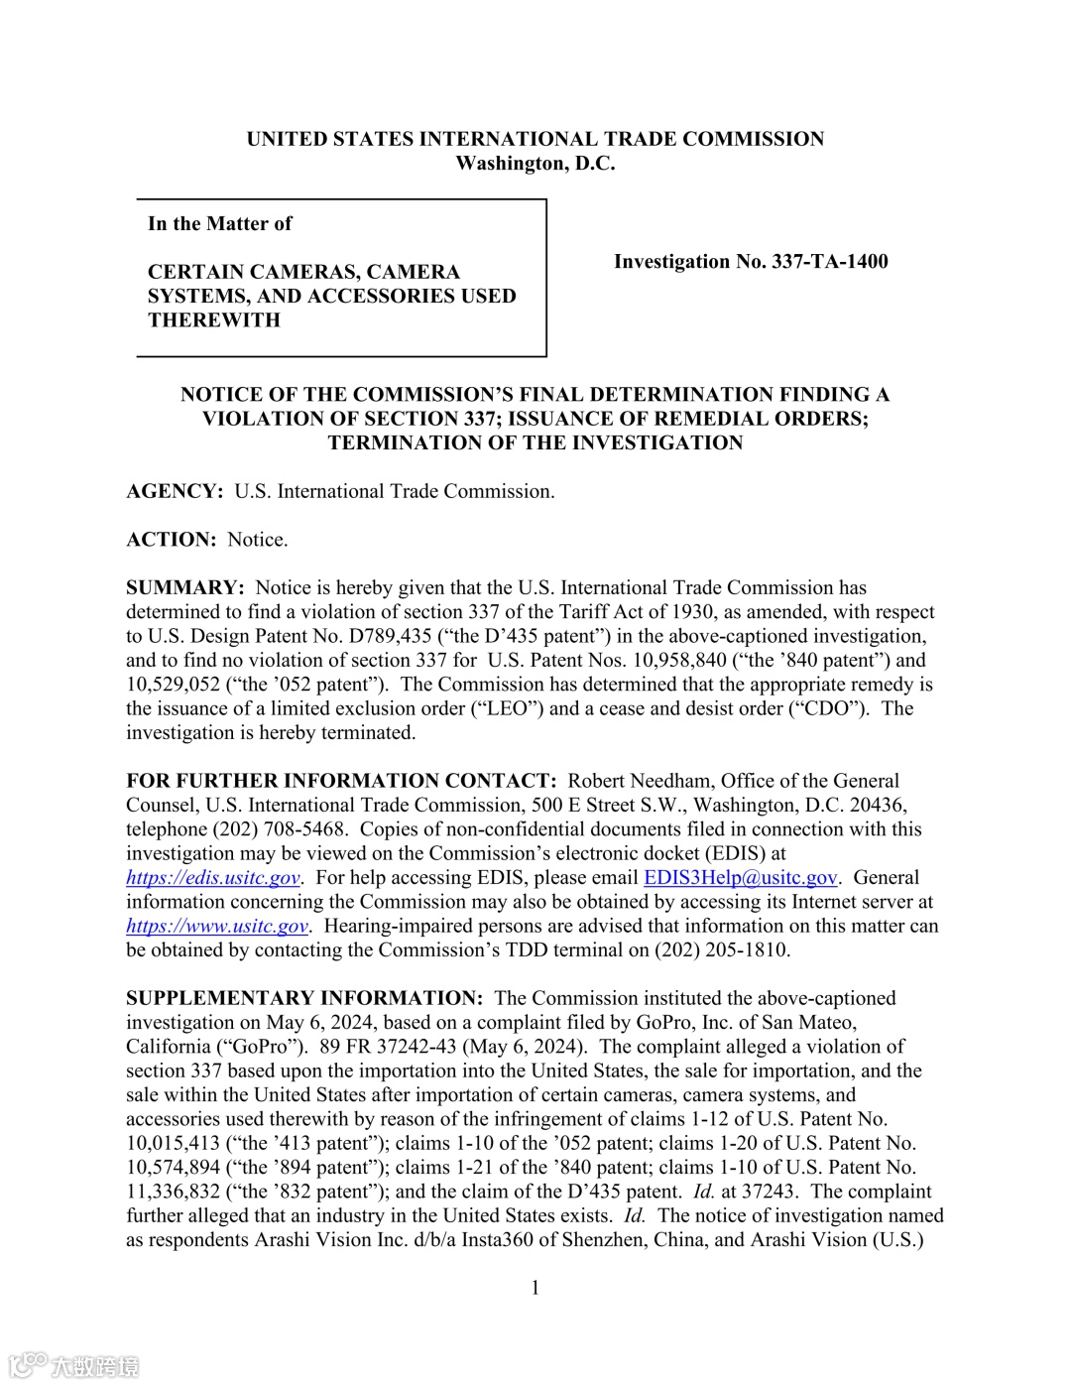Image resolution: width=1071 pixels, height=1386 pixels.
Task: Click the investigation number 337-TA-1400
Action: tap(829, 262)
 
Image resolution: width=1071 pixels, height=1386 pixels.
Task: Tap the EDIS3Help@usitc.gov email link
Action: tap(740, 878)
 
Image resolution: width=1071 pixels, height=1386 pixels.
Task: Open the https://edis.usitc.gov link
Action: tap(212, 878)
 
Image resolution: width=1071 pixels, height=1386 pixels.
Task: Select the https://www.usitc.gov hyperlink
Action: tap(217, 927)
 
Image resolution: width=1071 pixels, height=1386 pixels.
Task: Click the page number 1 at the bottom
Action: tap(535, 1289)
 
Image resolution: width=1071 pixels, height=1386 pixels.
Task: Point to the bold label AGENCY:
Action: tap(175, 492)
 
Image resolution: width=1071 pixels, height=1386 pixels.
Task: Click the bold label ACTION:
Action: tap(171, 541)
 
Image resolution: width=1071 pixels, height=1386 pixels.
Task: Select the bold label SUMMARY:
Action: tap(184, 588)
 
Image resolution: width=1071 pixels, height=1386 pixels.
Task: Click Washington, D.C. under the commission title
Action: tap(535, 165)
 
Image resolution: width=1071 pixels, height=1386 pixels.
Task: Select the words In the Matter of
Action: tap(219, 224)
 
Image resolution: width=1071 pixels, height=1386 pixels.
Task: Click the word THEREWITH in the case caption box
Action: tap(214, 320)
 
